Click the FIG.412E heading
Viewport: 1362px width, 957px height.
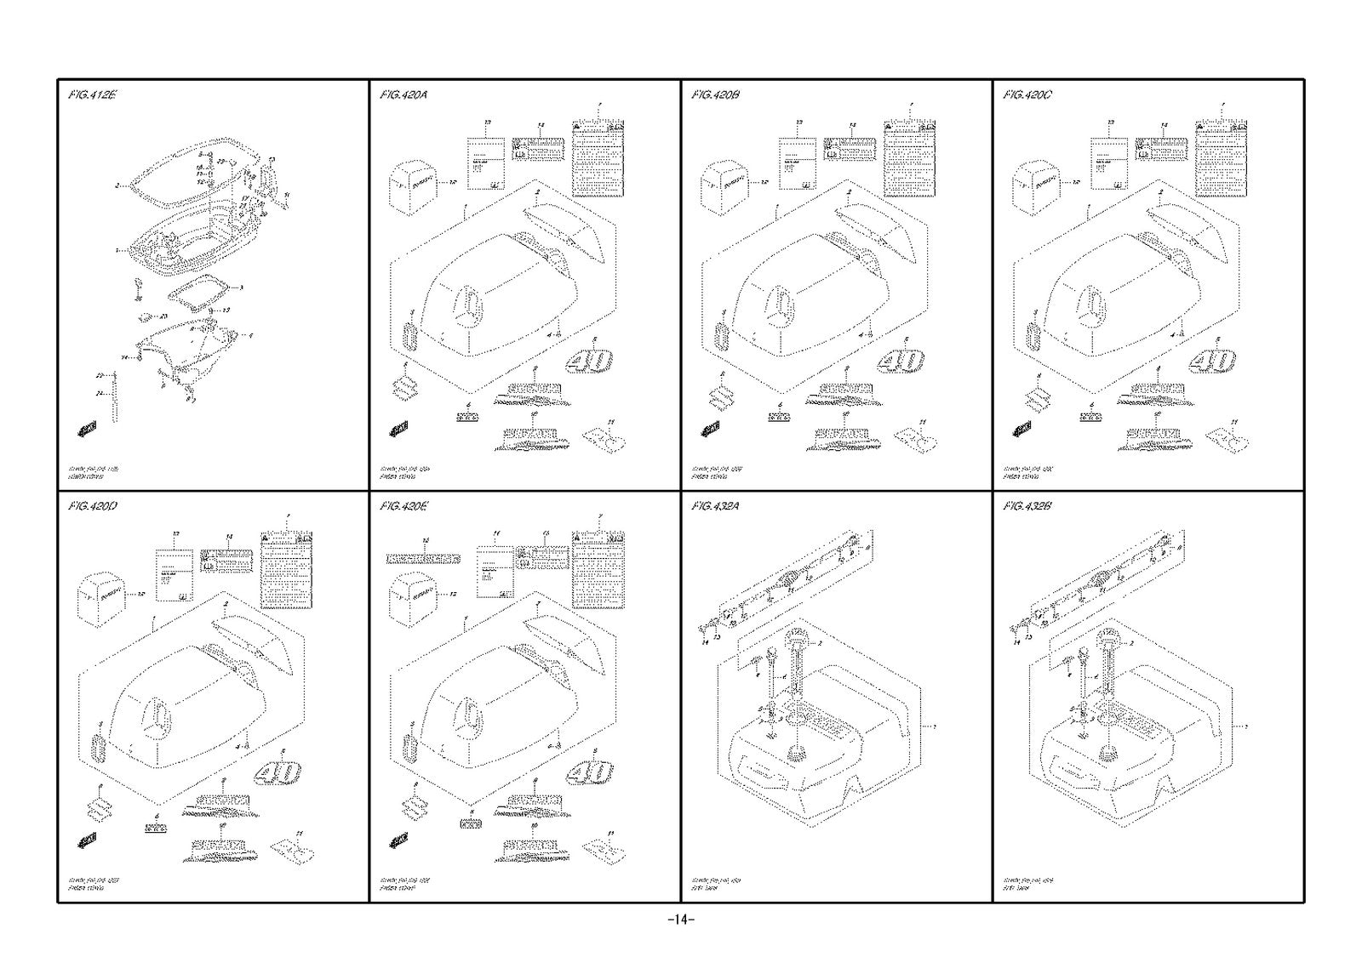92,95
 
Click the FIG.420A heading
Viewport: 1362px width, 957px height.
403,95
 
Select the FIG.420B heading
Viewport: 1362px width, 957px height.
716,95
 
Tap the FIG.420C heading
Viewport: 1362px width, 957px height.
1027,95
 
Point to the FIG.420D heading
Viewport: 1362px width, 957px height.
92,507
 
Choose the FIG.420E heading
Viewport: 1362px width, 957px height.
403,507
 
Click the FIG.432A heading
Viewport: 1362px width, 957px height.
716,507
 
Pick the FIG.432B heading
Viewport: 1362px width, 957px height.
1027,507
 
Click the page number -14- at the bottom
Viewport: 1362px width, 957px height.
681,920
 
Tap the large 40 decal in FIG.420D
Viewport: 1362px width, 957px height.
278,773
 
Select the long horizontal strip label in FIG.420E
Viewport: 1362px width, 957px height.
423,559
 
